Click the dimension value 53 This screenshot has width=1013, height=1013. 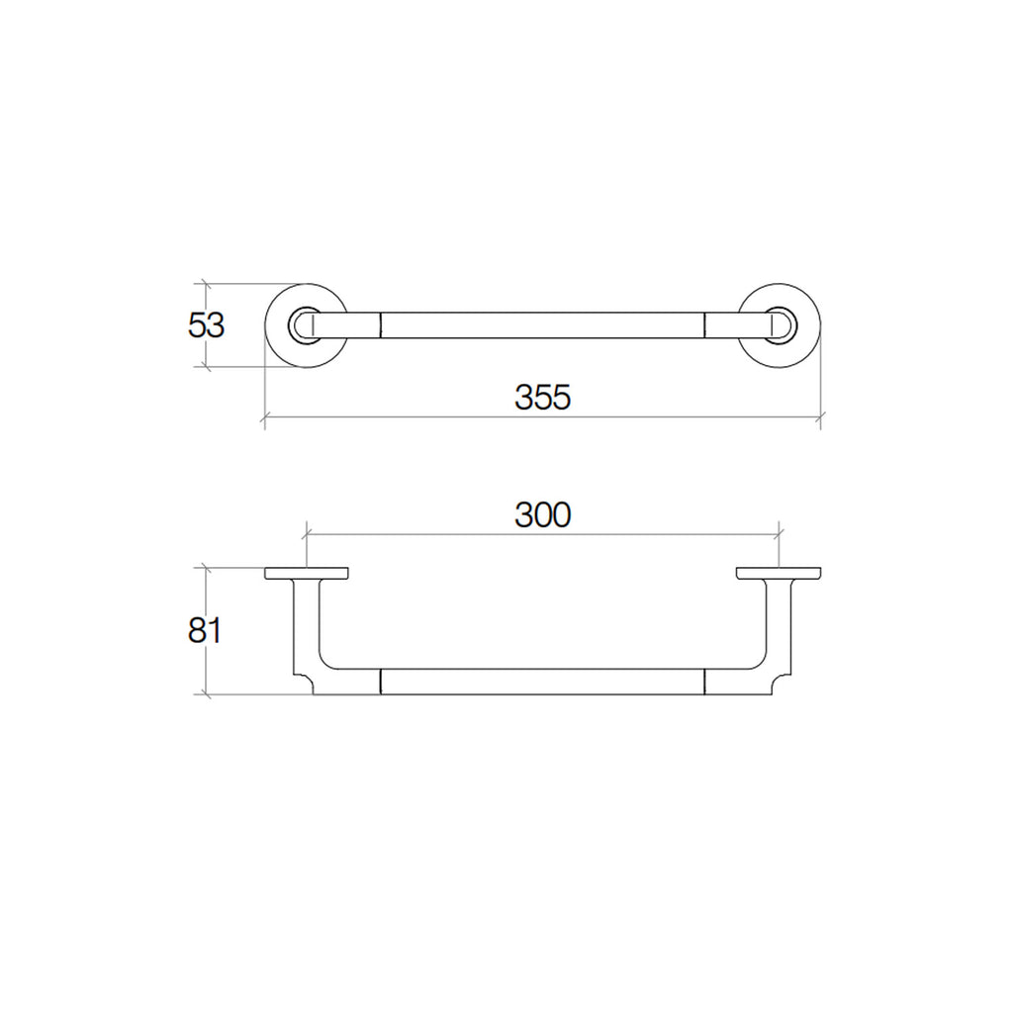206,324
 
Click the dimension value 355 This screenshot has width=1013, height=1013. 543,398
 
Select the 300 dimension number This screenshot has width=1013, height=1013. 543,514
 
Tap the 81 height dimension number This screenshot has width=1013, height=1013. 205,630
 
